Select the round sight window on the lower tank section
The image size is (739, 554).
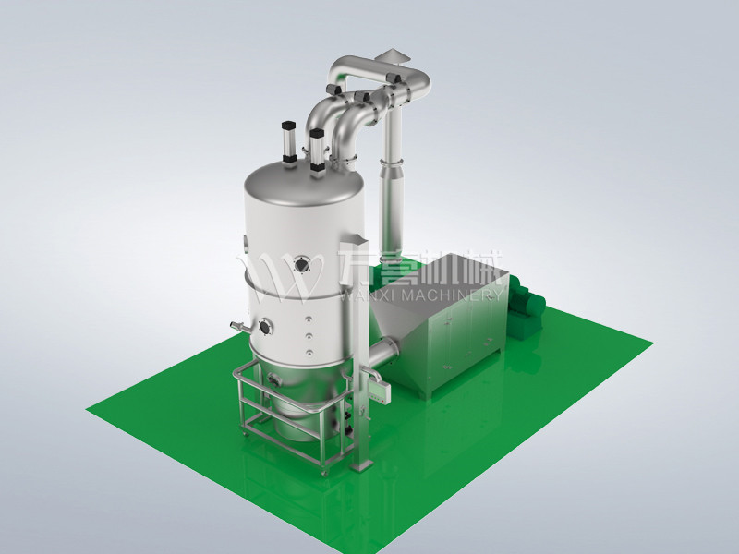point(268,325)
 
